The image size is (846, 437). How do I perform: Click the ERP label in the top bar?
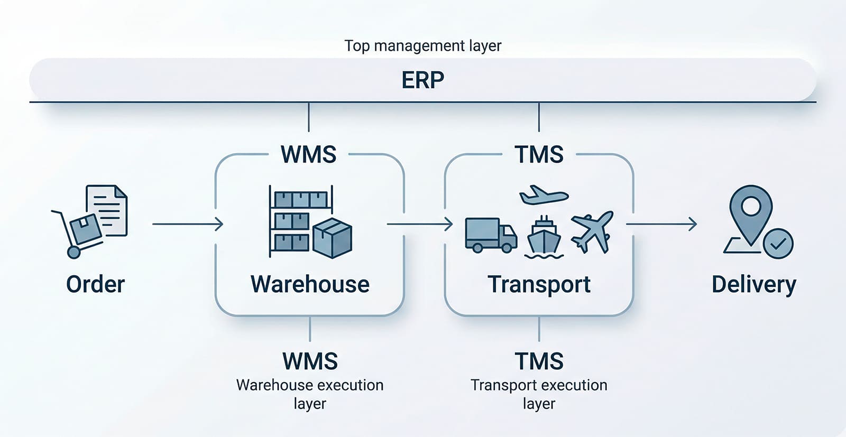pyautogui.click(x=422, y=80)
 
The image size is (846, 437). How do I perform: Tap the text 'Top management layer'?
pyautogui.click(x=422, y=46)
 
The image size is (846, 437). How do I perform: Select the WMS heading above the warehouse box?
pyautogui.click(x=308, y=155)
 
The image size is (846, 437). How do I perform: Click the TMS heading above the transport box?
pyautogui.click(x=539, y=155)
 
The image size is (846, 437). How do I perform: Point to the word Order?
pyautogui.click(x=95, y=284)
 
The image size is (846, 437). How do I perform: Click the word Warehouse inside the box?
pyautogui.click(x=310, y=284)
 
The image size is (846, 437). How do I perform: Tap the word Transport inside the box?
pyautogui.click(x=539, y=284)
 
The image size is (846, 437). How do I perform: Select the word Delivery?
pyautogui.click(x=753, y=284)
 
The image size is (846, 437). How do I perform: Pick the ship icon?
pyautogui.click(x=544, y=238)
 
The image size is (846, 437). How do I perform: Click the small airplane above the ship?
pyautogui.click(x=543, y=195)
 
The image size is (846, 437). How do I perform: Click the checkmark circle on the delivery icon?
pyautogui.click(x=778, y=244)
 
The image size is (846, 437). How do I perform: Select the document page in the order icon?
pyautogui.click(x=108, y=209)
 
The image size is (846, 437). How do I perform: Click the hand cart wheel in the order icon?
pyautogui.click(x=74, y=252)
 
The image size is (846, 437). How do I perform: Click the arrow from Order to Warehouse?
pyautogui.click(x=187, y=224)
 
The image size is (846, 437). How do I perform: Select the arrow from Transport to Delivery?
pyautogui.click(x=661, y=224)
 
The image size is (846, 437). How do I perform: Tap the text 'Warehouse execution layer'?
pyautogui.click(x=310, y=394)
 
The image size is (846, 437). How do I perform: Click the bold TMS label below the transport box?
pyautogui.click(x=539, y=361)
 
